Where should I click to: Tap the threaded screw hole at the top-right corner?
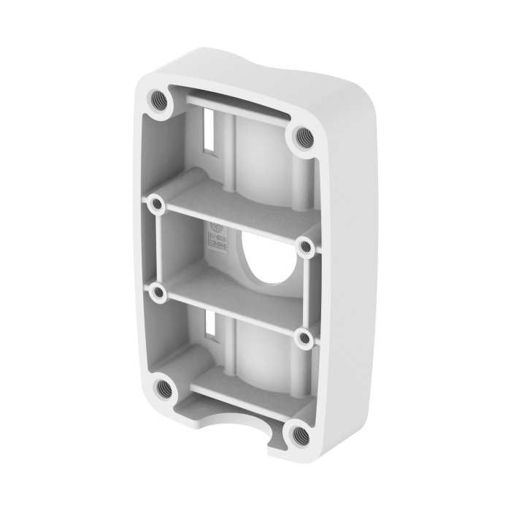[x=300, y=135]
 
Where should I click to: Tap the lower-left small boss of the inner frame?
[x=157, y=293]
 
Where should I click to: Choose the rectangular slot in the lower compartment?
[x=210, y=327]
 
